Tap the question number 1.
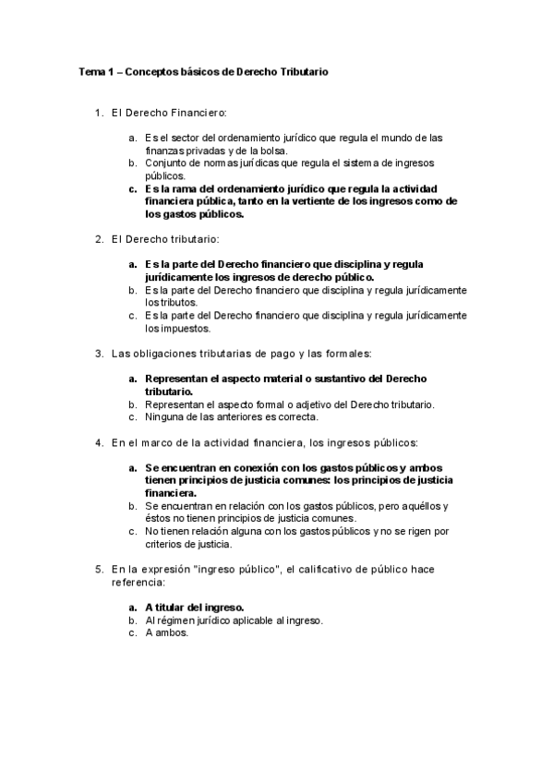tap(98, 113)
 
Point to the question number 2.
tap(98, 240)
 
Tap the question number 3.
tap(98, 354)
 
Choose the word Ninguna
tap(163, 416)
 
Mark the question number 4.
tap(98, 442)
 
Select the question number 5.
tap(98, 570)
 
